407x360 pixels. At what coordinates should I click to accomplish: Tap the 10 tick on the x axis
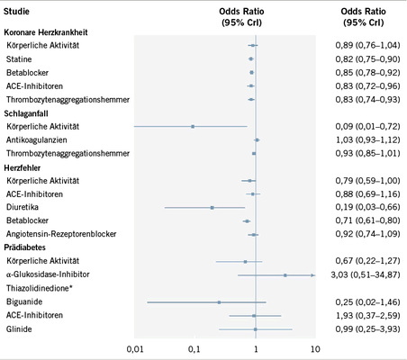314,346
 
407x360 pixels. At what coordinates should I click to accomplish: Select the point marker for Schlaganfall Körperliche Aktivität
193,126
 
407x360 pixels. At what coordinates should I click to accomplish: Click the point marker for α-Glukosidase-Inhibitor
285,274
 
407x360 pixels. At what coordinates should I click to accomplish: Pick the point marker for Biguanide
219,302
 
